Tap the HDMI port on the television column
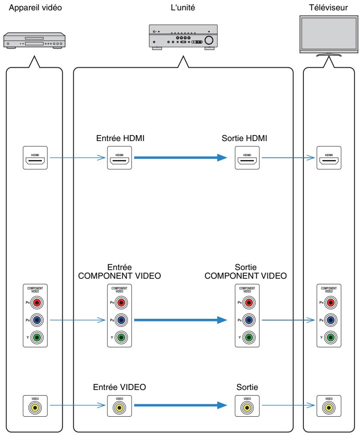tap(328, 158)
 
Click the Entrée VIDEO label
tap(120, 388)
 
